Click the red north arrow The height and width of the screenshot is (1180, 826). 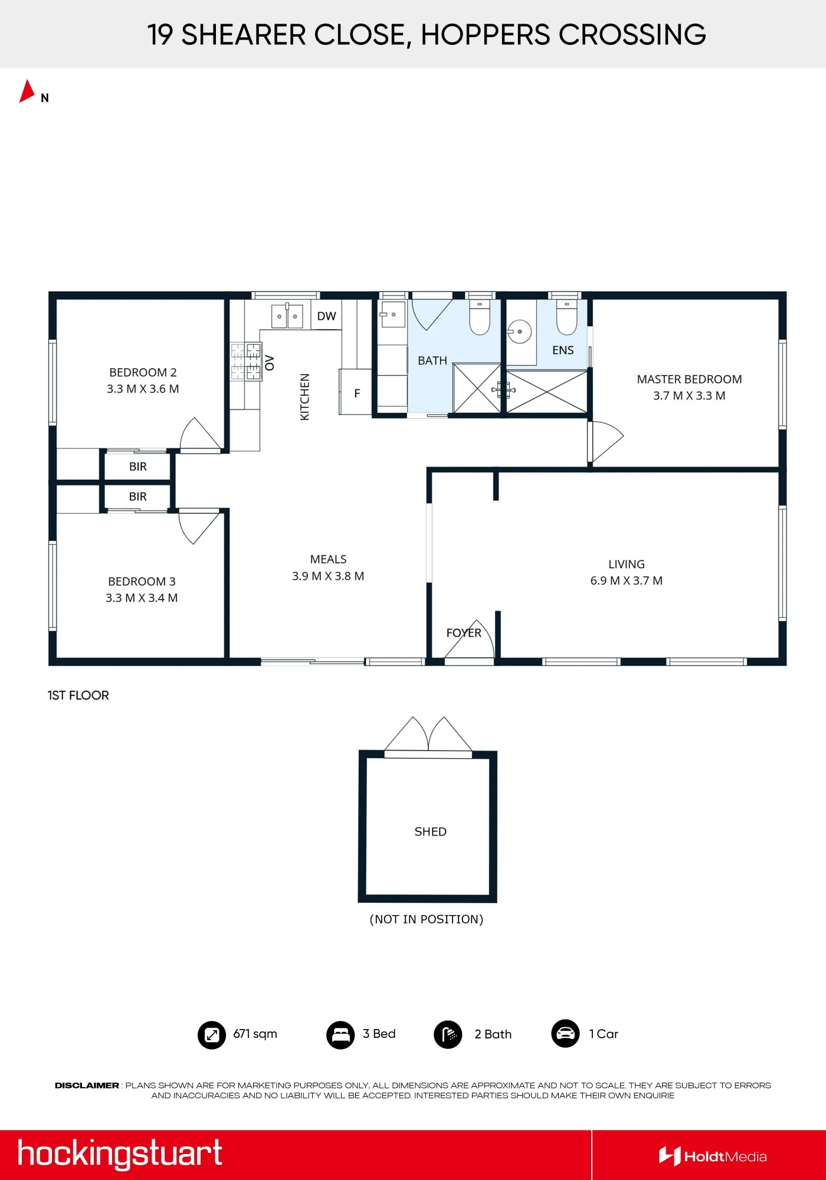(27, 92)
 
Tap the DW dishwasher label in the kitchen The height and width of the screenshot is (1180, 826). (326, 316)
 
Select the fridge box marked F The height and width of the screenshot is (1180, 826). (355, 392)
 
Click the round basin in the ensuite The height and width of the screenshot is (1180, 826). (519, 332)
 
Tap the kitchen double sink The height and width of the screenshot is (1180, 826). (287, 316)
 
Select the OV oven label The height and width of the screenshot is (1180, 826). (270, 363)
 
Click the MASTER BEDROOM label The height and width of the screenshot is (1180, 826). (689, 379)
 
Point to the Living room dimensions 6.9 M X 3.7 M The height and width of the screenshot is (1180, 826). (626, 581)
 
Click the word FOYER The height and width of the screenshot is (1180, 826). (464, 633)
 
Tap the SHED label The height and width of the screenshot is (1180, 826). (430, 832)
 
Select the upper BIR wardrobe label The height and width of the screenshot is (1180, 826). (137, 467)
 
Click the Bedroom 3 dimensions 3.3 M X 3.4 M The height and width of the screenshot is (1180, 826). (142, 598)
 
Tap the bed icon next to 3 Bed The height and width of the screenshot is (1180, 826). (340, 1035)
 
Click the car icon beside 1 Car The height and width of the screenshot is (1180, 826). (565, 1034)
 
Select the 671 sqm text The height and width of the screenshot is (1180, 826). (255, 1034)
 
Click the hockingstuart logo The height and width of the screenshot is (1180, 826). (120, 1154)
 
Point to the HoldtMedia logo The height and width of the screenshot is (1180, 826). (713, 1156)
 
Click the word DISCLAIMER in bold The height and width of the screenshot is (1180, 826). (87, 1086)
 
